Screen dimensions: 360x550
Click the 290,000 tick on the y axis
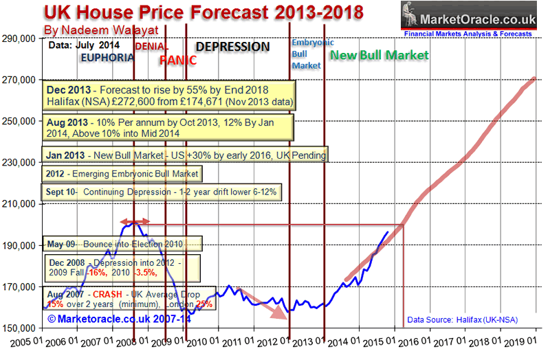coord(23,39)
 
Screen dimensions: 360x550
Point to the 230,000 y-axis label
coord(23,163)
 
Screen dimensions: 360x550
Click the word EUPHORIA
coord(107,58)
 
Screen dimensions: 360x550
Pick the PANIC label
coord(178,60)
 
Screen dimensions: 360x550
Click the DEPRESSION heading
coord(233,47)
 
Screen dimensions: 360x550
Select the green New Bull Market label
coord(379,54)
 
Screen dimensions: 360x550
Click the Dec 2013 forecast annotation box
coord(170,96)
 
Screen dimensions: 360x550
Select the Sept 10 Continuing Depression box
coord(162,192)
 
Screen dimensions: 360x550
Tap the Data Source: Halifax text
coord(462,319)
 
